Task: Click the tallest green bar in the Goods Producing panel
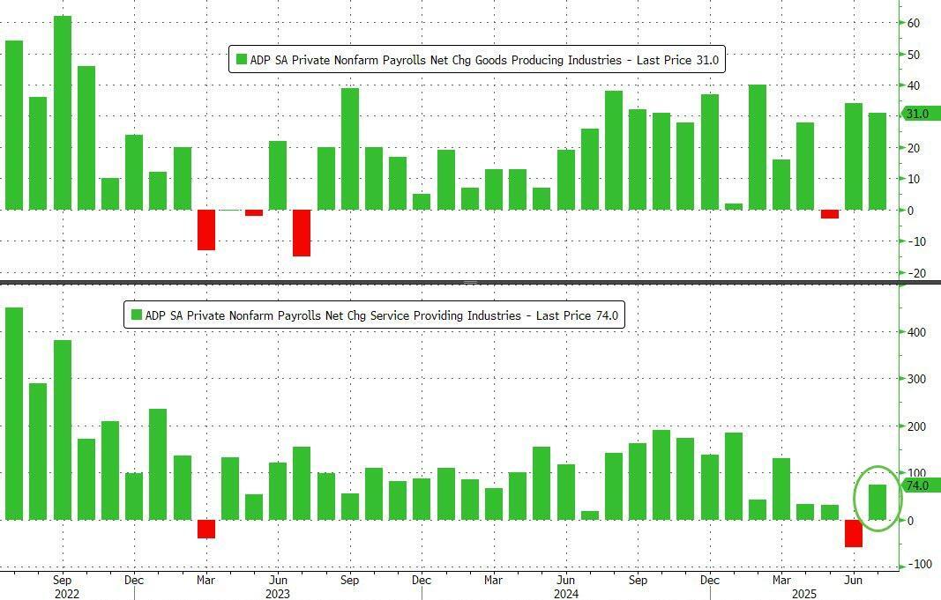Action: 63,113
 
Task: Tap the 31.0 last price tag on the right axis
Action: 921,114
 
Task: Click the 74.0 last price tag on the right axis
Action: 921,485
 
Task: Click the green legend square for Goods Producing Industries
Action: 241,60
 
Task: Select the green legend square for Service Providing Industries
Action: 137,315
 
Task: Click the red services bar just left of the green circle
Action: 853,533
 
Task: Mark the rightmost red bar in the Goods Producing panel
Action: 829,214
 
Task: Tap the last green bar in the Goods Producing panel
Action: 877,161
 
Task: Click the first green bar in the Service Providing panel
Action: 14,413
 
